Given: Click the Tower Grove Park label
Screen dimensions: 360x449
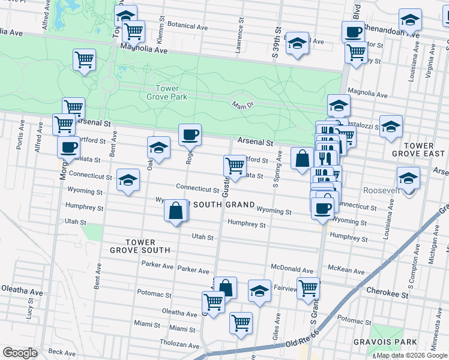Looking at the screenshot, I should (167, 92).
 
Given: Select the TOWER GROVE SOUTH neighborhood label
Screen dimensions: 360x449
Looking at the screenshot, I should (140, 245).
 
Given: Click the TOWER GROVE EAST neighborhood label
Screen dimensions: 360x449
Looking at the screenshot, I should (419, 150).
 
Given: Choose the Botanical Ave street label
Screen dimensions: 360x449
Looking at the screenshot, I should (187, 26).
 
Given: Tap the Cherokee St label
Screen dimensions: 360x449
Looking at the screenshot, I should (389, 295).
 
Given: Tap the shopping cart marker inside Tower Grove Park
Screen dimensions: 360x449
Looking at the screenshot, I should (85, 59).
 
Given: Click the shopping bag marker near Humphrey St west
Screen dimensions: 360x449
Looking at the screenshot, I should (175, 211).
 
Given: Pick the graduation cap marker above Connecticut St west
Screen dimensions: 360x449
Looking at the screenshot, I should (127, 179).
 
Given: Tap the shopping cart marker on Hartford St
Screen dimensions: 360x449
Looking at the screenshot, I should (234, 164).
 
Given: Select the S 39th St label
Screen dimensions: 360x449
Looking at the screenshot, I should (277, 43).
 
